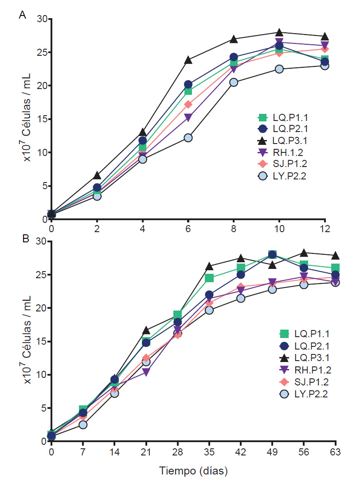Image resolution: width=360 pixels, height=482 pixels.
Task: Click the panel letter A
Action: (x=22, y=15)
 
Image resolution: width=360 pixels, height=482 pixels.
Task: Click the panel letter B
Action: (x=26, y=239)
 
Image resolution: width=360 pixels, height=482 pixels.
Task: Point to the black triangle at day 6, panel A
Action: (x=188, y=59)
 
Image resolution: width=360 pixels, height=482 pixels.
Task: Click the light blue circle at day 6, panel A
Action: (x=188, y=138)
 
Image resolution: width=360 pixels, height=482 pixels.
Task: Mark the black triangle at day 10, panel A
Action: (x=279, y=32)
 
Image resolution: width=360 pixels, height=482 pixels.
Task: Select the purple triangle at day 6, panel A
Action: (x=188, y=118)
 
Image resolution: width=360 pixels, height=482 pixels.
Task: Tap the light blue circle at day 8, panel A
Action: (x=234, y=82)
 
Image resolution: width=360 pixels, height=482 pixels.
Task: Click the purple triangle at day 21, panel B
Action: (x=146, y=372)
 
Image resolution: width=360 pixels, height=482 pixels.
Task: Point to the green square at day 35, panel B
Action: (x=209, y=278)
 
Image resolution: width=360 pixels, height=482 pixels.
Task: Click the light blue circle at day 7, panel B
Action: (x=82, y=424)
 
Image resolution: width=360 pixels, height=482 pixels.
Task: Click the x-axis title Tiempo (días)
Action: (x=194, y=470)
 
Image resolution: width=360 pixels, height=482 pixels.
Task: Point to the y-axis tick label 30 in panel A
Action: (x=42, y=19)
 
